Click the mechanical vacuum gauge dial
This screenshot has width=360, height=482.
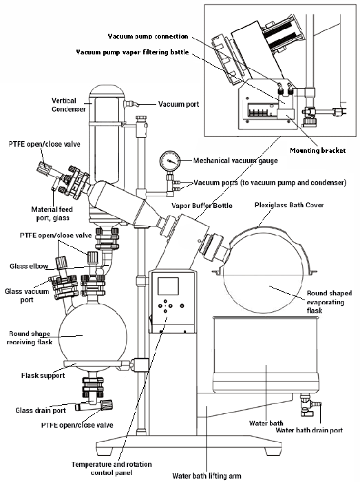tap(169, 161)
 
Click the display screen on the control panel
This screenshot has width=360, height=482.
tap(168, 286)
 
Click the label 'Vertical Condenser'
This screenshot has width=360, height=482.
tap(68, 105)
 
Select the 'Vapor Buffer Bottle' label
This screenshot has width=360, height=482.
tap(202, 206)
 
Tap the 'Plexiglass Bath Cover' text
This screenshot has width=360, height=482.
tap(289, 205)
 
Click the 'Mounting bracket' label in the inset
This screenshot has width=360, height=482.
tap(318, 151)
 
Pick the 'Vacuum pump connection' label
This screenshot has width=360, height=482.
tap(148, 36)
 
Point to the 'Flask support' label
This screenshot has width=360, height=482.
tap(43, 376)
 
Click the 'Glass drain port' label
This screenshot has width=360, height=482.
tap(41, 410)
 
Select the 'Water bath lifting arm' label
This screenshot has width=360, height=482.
tap(207, 476)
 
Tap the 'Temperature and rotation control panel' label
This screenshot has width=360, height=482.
tap(112, 468)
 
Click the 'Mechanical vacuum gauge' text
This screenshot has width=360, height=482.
tap(235, 160)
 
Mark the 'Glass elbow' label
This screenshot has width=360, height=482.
tap(29, 266)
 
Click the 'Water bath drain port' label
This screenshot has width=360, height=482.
tap(309, 430)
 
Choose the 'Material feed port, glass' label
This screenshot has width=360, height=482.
tap(52, 213)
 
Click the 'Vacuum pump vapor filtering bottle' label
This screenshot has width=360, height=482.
tap(132, 52)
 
